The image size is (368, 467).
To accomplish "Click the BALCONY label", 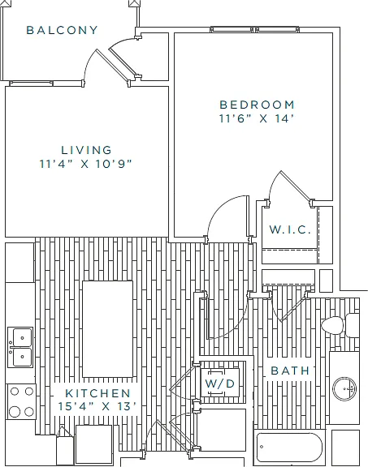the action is pyautogui.click(x=62, y=30).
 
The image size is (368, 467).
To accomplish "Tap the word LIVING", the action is pyautogui.click(x=86, y=150).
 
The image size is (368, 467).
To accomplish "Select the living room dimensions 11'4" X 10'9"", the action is pyautogui.click(x=85, y=164).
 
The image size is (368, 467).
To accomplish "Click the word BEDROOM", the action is pyautogui.click(x=257, y=105).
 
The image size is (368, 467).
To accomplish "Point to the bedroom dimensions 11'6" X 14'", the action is pyautogui.click(x=257, y=118).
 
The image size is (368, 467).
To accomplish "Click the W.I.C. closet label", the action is pyautogui.click(x=290, y=229).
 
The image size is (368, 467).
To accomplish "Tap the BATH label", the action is pyautogui.click(x=290, y=371).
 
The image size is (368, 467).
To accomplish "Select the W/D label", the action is pyautogui.click(x=220, y=383).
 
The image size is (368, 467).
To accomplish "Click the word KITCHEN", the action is pyautogui.click(x=98, y=393).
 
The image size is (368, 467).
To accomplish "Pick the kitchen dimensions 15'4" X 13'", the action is pyautogui.click(x=97, y=406).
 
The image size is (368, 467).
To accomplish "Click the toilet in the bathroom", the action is pyautogui.click(x=340, y=325).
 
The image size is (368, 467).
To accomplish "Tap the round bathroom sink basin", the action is pyautogui.click(x=344, y=388).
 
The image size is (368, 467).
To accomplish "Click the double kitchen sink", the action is pyautogui.click(x=20, y=347).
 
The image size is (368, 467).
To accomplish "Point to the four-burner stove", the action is pyautogui.click(x=21, y=401).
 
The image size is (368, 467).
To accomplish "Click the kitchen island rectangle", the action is pyautogui.click(x=107, y=329).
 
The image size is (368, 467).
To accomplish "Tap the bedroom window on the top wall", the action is pyautogui.click(x=254, y=29).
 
